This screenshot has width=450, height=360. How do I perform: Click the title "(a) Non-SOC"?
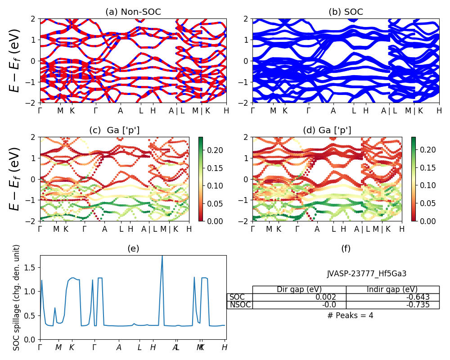coord(133,12)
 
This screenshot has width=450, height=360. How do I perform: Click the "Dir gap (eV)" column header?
coord(299,289)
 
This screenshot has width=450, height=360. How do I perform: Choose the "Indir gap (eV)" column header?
coord(392,289)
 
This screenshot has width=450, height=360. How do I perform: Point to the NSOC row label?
coord(239,305)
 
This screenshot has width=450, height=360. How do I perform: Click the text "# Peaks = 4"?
coord(350,315)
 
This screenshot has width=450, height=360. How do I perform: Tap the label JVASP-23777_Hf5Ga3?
coord(367,274)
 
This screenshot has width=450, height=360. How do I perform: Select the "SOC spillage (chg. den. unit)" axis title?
coord(17,297)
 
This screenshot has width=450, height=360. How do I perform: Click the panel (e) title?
coord(133,249)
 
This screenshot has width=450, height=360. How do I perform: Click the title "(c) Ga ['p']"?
coord(114,130)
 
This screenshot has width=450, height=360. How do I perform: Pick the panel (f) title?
coord(346,249)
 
